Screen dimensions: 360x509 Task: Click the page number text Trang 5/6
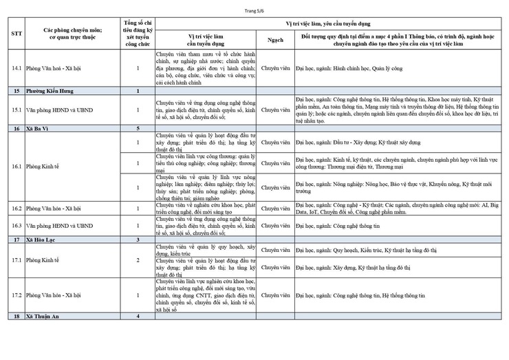coord(254,12)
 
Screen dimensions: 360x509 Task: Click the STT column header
coord(16,34)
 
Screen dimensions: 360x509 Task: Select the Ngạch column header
coord(275,39)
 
